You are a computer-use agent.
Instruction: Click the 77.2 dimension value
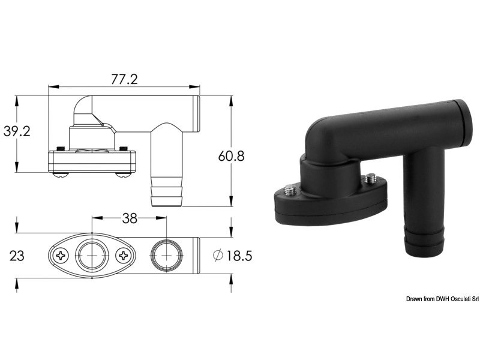tap(124, 79)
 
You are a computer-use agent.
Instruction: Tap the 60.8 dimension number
tap(232, 156)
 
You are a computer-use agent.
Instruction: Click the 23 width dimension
tap(17, 256)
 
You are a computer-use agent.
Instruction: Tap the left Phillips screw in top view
tap(62, 256)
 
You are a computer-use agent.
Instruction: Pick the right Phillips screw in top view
tap(125, 256)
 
